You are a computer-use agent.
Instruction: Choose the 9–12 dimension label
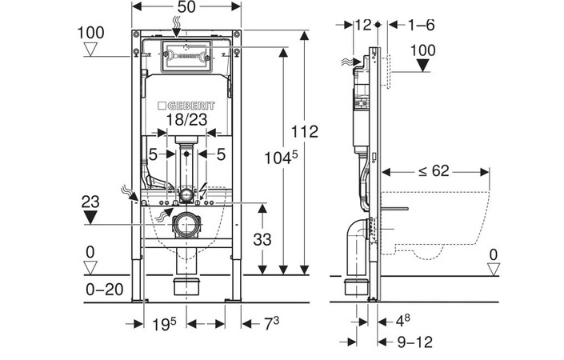pyautogui.click(x=415, y=342)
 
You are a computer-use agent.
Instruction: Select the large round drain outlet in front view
pyautogui.click(x=186, y=226)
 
